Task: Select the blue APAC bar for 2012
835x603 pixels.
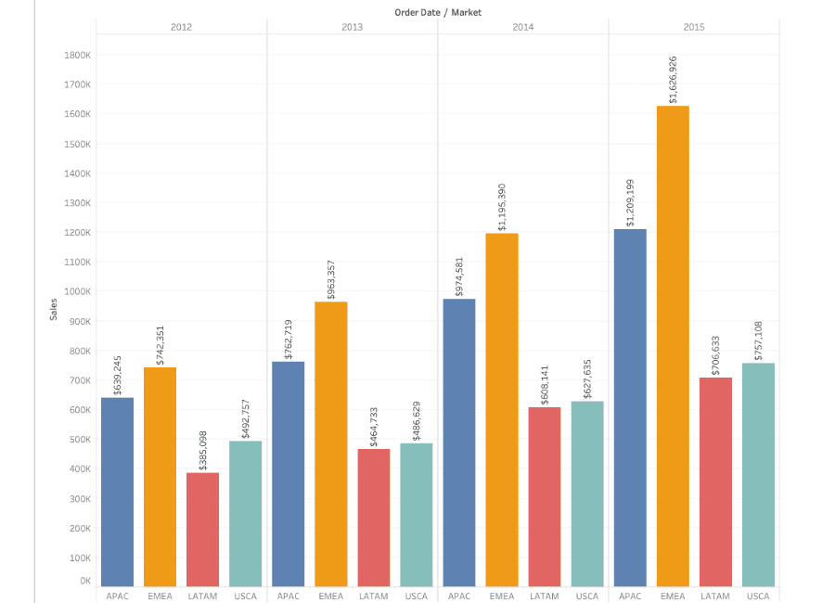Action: (117, 492)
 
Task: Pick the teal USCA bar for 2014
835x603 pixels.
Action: (587, 493)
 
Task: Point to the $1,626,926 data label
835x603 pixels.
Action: (673, 80)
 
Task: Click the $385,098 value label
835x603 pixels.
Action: (202, 449)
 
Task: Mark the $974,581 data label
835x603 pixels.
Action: (458, 275)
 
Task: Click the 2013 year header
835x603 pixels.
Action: (352, 27)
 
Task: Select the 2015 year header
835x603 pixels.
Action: (693, 27)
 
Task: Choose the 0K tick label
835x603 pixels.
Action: (84, 581)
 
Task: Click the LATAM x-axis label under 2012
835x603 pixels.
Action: (202, 596)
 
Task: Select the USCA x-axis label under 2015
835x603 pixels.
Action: (758, 596)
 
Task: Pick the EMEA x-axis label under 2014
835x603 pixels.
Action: (501, 596)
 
